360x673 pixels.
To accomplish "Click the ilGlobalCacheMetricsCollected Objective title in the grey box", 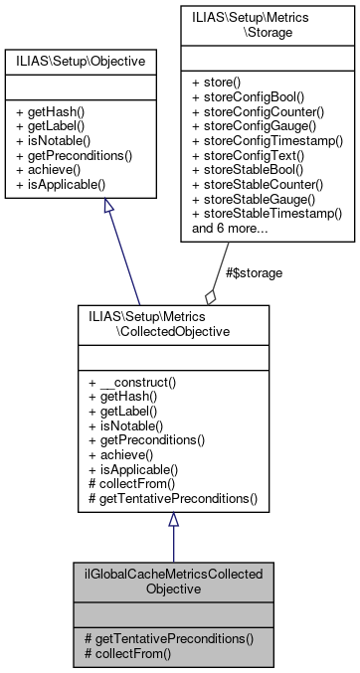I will [x=173, y=581].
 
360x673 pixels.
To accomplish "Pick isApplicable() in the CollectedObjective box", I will [x=138, y=468].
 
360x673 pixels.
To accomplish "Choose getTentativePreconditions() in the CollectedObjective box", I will [x=173, y=497].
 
